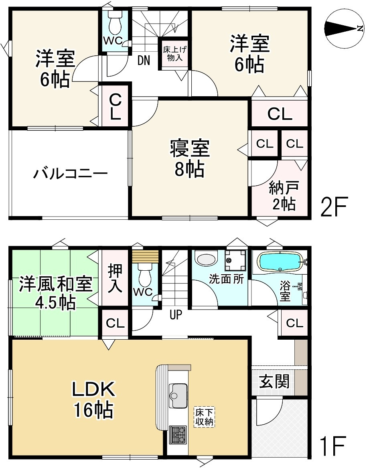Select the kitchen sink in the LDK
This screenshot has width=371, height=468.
coord(178,391)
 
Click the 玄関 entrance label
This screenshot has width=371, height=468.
coord(274,381)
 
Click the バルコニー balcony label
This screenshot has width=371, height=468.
coord(70,174)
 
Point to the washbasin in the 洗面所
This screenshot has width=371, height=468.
coord(206,259)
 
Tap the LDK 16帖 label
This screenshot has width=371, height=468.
coord(93,399)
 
